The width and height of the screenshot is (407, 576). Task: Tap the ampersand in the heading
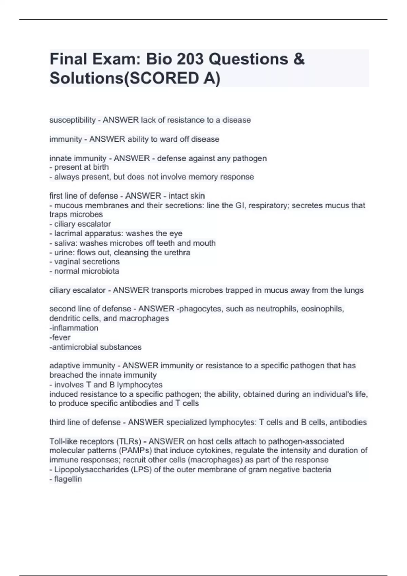pyautogui.click(x=299, y=59)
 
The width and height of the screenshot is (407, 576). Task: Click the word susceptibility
pyautogui.click(x=73, y=120)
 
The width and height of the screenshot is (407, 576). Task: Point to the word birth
pyautogui.click(x=100, y=167)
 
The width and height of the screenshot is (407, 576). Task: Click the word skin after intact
pyautogui.click(x=198, y=196)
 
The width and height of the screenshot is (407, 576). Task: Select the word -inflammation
pyautogui.click(x=74, y=328)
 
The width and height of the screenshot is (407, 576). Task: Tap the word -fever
pyautogui.click(x=60, y=337)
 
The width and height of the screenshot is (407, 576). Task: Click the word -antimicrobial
pyautogui.click(x=72, y=347)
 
